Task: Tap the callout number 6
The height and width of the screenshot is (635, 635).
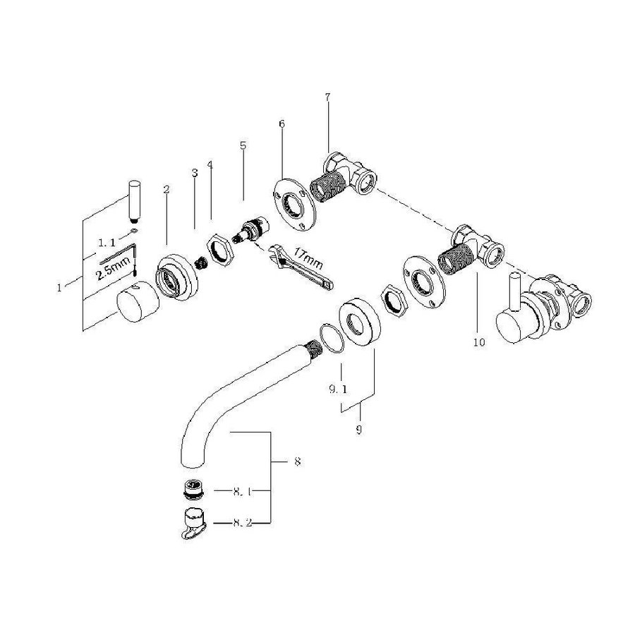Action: pyautogui.click(x=282, y=124)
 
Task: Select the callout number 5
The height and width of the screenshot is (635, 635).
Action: pyautogui.click(x=243, y=146)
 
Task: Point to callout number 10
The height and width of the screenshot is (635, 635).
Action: pyautogui.click(x=480, y=341)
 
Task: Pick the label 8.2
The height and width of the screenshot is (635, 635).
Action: pyautogui.click(x=241, y=523)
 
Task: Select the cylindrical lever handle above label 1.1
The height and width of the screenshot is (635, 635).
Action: pyautogui.click(x=134, y=200)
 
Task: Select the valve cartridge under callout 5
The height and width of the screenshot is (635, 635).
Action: pyautogui.click(x=250, y=231)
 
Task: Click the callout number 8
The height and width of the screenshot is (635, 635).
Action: pyautogui.click(x=297, y=462)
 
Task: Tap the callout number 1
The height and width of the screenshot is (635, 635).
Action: pyautogui.click(x=60, y=287)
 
